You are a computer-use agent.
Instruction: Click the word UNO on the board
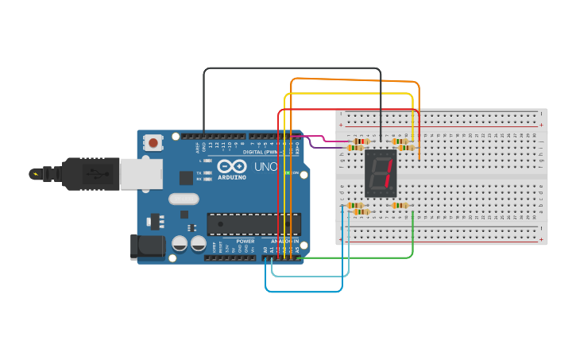(265, 168)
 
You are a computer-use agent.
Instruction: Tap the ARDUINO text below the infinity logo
(231, 177)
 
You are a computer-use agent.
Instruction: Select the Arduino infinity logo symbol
(231, 167)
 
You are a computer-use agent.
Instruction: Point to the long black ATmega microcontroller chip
(253, 224)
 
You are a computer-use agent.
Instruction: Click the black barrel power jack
(148, 247)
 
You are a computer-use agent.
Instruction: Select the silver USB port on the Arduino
(141, 174)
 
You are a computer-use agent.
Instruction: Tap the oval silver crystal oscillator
(183, 199)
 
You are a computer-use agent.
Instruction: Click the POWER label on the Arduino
(245, 241)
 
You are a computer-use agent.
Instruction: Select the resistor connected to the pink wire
(361, 141)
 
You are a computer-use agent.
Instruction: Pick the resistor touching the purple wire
(355, 148)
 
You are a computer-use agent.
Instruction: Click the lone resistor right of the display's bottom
(400, 205)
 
